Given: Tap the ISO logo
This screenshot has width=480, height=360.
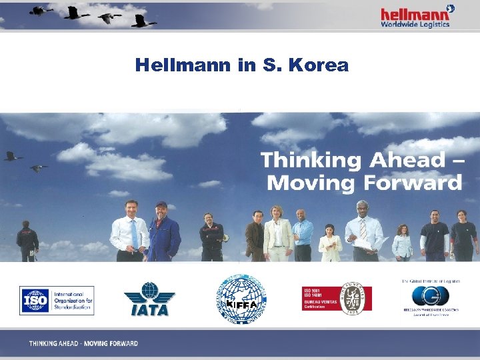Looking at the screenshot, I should click(57, 301).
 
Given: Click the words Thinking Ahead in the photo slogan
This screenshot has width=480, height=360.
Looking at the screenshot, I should click(352, 160).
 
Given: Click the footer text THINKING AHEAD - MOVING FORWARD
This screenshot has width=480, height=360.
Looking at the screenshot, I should click(83, 343).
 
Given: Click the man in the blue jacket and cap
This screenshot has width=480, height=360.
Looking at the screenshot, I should click(161, 231).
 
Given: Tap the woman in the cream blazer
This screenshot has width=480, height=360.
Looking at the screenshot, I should click(277, 233).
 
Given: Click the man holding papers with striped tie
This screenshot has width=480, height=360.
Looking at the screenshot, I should click(363, 231).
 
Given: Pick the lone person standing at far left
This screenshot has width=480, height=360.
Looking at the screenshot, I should click(27, 241).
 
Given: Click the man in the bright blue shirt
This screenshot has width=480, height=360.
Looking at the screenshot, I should click(303, 235).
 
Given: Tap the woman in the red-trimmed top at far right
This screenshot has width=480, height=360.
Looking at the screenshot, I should click(462, 236).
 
